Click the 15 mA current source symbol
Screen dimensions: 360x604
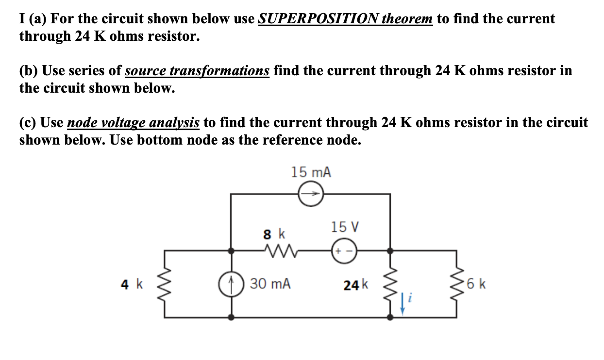[310, 194]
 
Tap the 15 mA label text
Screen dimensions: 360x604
[311, 172]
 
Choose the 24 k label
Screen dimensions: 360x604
[356, 285]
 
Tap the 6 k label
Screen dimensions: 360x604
[477, 284]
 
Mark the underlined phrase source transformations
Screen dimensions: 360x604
[197, 71]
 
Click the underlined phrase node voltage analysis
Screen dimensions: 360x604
[133, 123]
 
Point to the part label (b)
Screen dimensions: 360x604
[29, 71]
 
